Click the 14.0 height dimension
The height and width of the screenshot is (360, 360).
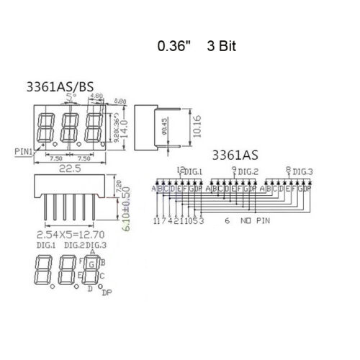pyautogui.click(x=123, y=127)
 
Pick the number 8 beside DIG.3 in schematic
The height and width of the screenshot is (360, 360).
pyautogui.click(x=289, y=170)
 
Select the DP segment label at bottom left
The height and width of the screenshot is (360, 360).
pyautogui.click(x=107, y=293)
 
